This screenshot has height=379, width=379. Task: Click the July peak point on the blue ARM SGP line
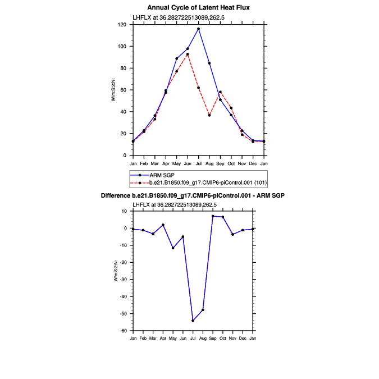198,29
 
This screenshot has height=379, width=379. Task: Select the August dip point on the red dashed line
209,115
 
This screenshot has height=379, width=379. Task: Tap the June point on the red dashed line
188,54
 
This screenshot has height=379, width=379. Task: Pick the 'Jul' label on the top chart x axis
198,163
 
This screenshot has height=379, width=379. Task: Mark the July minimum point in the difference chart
193,321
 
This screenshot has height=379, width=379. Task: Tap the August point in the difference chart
203,310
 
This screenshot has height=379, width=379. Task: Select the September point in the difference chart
213,216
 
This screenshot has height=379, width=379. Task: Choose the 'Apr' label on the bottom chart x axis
163,339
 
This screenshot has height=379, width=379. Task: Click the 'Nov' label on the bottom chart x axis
233,339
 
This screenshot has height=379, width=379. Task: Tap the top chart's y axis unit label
113,90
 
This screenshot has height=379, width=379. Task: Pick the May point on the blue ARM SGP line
176,58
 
